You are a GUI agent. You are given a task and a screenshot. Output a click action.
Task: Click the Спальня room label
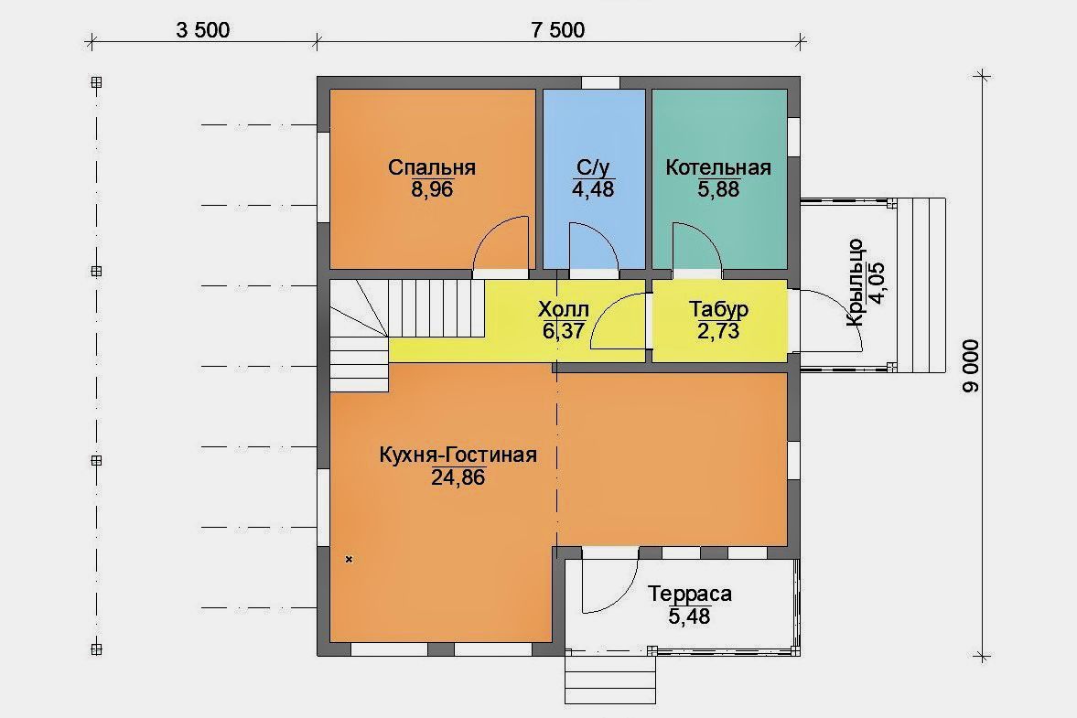[431, 167]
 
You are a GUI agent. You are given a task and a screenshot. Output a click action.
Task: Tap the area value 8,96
[432, 189]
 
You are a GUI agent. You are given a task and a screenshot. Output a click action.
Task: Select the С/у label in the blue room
[593, 167]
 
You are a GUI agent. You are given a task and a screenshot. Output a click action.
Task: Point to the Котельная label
[718, 167]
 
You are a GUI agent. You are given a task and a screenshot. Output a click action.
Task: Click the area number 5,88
[718, 189]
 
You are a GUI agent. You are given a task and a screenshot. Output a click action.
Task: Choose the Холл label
[564, 309]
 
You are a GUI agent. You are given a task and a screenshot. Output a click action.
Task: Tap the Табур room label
[718, 309]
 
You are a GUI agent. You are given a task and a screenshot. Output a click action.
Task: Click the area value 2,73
[718, 331]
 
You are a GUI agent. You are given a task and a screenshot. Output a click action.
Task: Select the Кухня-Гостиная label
[458, 455]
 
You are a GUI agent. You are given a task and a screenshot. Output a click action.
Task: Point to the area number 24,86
[458, 477]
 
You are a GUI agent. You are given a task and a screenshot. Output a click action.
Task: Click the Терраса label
[690, 594]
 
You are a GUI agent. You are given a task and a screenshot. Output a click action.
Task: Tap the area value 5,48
[690, 616]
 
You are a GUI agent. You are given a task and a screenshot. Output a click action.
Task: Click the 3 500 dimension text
[202, 30]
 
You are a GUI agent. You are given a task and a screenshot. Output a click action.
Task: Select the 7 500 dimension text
[558, 30]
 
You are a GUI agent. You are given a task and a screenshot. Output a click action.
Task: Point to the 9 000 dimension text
[971, 366]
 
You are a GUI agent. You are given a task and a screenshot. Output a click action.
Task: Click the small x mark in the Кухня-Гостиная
[349, 560]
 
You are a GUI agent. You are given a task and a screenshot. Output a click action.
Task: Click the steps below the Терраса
[610, 680]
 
